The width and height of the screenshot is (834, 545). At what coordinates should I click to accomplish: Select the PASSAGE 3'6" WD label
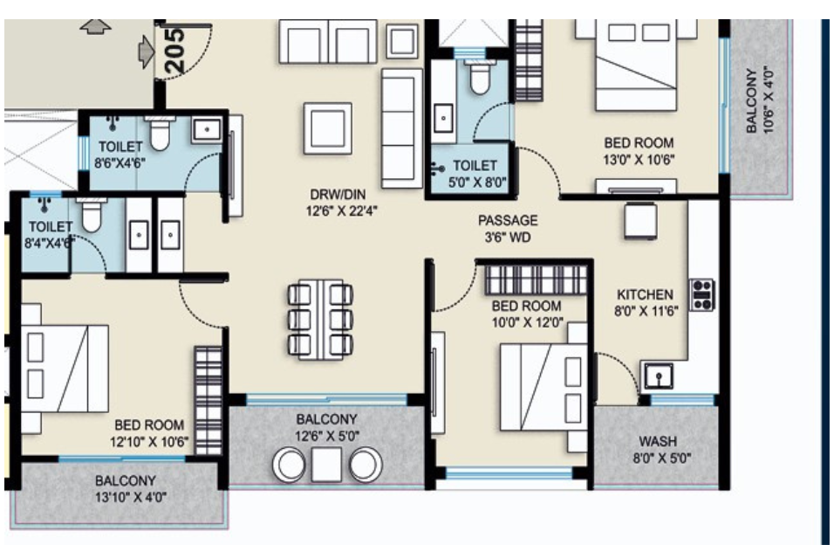508,229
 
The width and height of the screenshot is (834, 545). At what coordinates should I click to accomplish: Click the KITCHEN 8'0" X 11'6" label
645,302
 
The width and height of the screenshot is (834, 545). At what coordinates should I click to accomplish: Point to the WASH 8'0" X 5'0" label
657,449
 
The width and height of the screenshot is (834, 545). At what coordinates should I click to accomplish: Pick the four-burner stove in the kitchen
701,294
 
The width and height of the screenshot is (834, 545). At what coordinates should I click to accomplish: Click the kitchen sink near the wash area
659,376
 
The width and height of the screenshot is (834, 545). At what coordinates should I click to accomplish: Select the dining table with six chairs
319,319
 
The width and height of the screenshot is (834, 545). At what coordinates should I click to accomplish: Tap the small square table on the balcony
327,464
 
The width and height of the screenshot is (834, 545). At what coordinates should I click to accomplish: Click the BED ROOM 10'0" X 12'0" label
526,314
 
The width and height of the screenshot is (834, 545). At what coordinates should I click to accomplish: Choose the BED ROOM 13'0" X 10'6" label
639,150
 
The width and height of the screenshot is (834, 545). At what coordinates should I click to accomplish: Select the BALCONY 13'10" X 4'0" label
126,488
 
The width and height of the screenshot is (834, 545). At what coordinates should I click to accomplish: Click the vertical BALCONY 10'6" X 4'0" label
759,98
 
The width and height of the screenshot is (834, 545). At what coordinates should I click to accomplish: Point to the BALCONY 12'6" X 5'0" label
327,427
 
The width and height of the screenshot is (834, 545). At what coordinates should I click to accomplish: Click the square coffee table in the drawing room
328,127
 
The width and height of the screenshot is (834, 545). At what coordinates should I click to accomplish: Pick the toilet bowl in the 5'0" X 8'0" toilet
478,79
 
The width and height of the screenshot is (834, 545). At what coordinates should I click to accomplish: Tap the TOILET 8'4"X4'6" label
51,235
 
